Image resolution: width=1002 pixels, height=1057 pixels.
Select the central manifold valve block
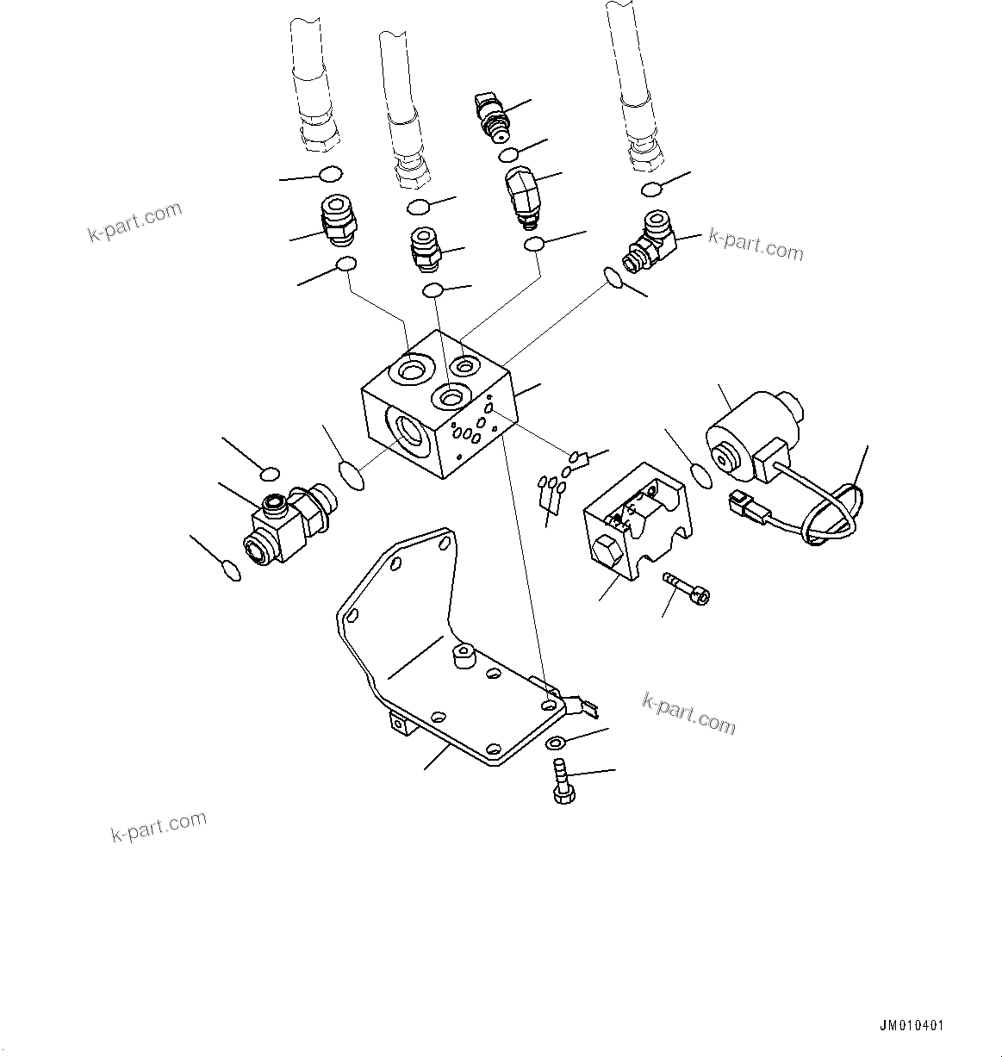439,405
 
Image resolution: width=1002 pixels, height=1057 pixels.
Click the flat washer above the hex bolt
557,743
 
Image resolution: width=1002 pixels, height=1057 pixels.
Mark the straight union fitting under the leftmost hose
338,220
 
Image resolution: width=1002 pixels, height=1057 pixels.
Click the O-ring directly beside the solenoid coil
701,475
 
